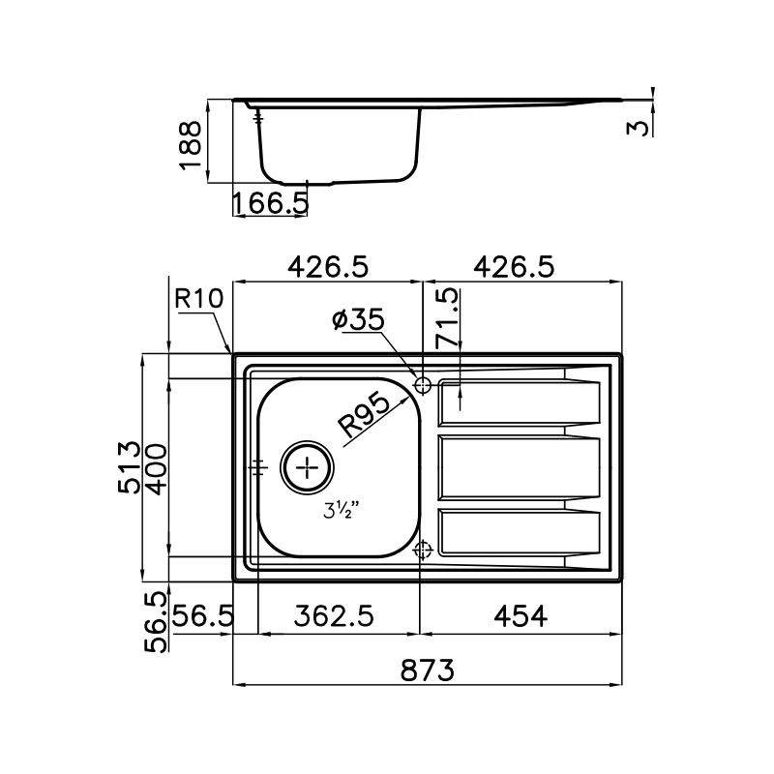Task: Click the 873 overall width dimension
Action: [427, 670]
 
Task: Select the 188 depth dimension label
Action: [191, 146]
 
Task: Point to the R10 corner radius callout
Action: [199, 299]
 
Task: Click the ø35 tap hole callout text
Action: [358, 319]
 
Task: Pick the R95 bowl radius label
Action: [364, 415]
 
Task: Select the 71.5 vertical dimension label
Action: [447, 318]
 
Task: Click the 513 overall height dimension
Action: [130, 467]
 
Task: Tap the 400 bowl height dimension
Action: [158, 469]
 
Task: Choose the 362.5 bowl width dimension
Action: [334, 616]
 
